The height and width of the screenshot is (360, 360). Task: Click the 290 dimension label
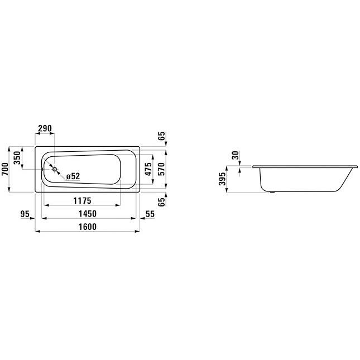click(x=45, y=128)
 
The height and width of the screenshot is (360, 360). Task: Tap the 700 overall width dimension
click(x=5, y=169)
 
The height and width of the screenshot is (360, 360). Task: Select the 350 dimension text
click(x=17, y=158)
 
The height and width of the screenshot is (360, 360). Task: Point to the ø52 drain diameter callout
click(x=73, y=176)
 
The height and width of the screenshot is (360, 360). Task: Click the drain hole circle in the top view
click(x=55, y=169)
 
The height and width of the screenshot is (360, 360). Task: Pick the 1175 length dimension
click(x=82, y=201)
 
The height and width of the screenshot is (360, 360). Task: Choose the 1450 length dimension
click(x=88, y=214)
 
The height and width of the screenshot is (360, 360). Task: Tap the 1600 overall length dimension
click(x=88, y=227)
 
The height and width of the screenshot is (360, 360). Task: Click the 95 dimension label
click(x=25, y=214)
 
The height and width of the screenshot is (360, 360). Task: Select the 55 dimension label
click(x=150, y=214)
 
